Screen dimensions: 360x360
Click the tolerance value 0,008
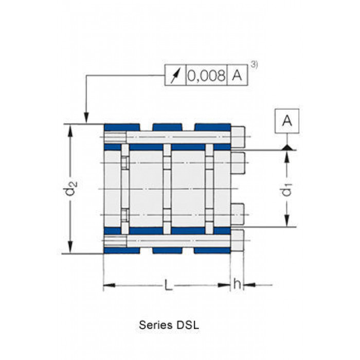pos(206,75)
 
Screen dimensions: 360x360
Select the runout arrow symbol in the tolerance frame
pos(175,75)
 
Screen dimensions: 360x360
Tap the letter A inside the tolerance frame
pos(237,75)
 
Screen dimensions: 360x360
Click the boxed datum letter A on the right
pos(287,121)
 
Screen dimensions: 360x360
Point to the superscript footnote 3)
pos(254,65)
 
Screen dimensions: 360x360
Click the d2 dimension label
pos(71,188)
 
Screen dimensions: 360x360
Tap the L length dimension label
pos(168,285)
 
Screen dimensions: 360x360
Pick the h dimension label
pos(237,284)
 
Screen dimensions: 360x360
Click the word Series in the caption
pos(156,325)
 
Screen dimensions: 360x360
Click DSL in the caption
pos(187,325)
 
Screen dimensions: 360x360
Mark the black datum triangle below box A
pos(287,148)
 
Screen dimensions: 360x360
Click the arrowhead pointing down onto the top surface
pos(86,118)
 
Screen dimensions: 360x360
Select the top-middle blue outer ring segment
pos(167,127)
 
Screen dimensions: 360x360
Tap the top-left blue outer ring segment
pos(122,127)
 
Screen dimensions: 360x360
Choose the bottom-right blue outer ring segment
pos(212,250)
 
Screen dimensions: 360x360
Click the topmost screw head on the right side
pos(238,137)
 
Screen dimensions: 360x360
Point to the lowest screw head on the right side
pos(237,240)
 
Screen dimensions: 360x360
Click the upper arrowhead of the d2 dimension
pos(70,131)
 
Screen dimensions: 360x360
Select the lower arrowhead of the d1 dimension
pos(286,220)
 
